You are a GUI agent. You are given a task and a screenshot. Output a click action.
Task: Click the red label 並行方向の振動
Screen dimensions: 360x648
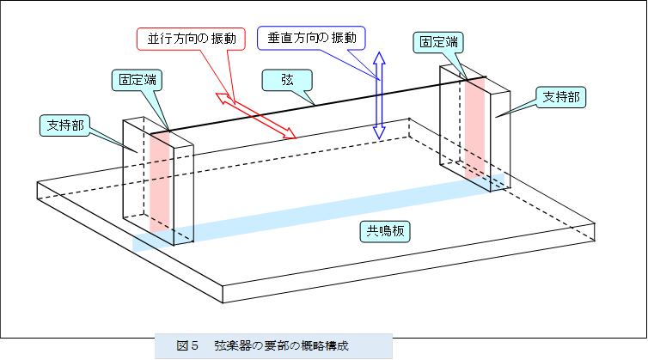[190, 40]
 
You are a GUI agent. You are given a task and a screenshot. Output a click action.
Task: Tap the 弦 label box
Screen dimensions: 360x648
[287, 80]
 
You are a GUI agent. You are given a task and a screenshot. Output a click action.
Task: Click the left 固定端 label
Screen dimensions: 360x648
[138, 80]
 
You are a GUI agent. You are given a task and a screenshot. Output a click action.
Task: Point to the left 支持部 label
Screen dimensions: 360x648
[65, 125]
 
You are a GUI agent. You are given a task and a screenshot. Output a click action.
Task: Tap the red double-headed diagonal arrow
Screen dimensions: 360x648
[256, 116]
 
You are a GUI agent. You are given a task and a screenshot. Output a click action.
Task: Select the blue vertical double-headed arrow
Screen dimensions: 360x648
[378, 95]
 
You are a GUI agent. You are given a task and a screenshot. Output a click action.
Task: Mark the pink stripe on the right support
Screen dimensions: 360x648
[475, 129]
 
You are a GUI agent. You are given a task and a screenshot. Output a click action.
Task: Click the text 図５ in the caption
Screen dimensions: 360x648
[187, 346]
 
